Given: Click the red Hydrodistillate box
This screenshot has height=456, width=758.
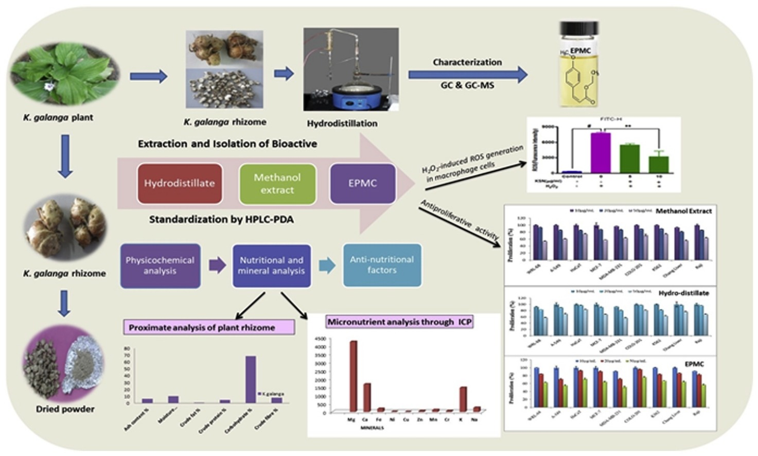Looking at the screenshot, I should click(x=180, y=183).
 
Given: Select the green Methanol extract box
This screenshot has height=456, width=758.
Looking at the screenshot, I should click(x=277, y=184).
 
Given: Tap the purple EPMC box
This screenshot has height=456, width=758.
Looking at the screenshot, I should click(x=362, y=183).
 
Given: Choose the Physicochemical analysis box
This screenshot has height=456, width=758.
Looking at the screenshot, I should click(x=160, y=266).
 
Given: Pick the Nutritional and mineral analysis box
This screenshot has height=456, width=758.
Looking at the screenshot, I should click(x=271, y=266).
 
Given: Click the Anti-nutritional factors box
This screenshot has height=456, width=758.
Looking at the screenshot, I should click(x=382, y=265).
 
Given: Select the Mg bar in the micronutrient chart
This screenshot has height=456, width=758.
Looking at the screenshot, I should click(x=353, y=376).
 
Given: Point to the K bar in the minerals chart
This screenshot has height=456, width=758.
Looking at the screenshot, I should click(x=463, y=399).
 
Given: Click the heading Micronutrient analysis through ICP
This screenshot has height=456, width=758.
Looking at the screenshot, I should click(x=400, y=322).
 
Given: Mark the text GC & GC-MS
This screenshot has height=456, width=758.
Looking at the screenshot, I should click(x=467, y=85).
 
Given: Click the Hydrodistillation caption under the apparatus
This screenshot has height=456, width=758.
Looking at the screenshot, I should click(x=342, y=124).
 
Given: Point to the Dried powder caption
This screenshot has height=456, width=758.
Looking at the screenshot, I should click(x=65, y=409).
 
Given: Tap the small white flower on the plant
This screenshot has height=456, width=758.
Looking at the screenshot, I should click(x=49, y=86).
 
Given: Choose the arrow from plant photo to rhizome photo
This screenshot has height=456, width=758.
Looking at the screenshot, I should click(x=149, y=77).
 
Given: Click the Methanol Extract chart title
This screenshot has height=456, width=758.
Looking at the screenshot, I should click(x=683, y=211).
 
